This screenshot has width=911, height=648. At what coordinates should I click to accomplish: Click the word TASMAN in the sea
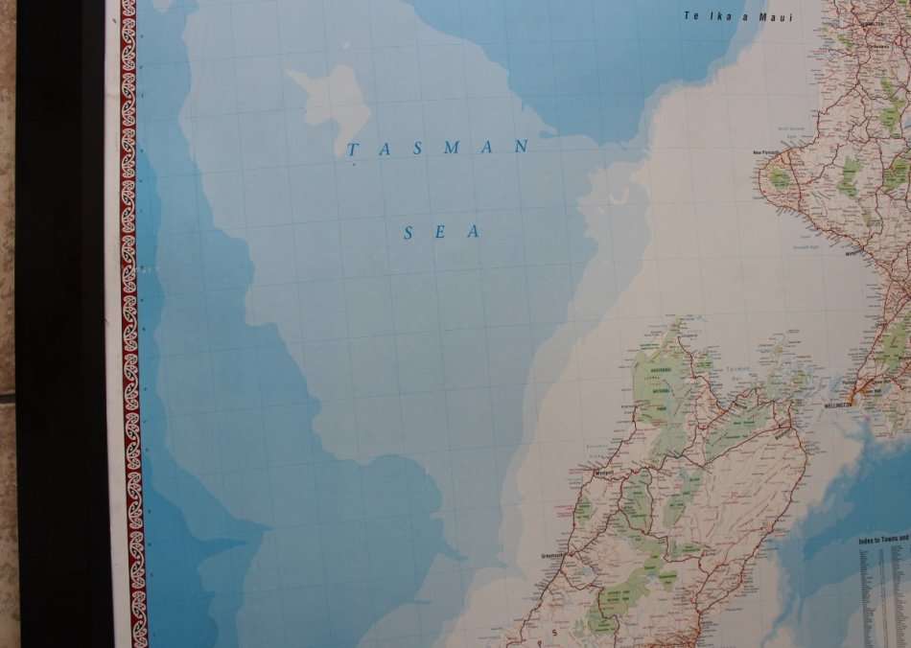point(437,148)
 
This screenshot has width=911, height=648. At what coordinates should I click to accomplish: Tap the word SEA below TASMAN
point(440,232)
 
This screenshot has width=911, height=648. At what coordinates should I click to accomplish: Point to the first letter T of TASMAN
point(352,150)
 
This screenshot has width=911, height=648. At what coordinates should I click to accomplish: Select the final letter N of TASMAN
point(522,147)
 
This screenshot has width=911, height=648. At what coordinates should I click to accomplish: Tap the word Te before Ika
point(693,16)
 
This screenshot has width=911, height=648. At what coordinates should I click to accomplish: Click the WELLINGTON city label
point(838,405)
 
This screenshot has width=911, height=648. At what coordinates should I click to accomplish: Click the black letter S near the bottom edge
point(553,633)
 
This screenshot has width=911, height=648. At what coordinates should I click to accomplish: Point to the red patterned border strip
point(129,326)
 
